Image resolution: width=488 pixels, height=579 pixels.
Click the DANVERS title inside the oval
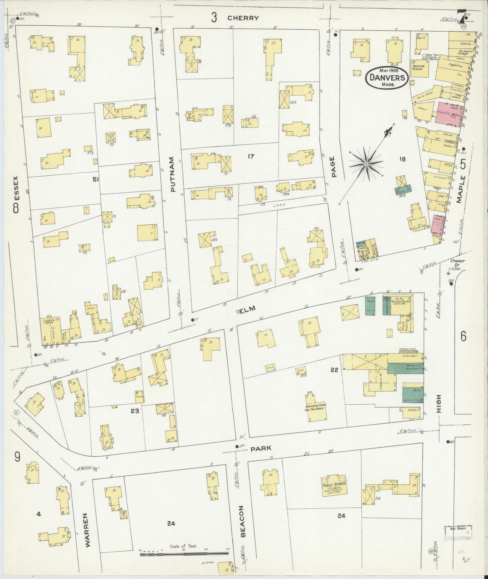387,77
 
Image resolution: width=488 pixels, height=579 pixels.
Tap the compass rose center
366,164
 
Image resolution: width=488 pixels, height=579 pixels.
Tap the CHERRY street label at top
243,18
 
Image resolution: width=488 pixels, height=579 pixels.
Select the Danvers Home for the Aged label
315,408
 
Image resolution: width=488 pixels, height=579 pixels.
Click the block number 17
250,156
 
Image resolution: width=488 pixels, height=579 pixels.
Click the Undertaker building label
409,356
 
